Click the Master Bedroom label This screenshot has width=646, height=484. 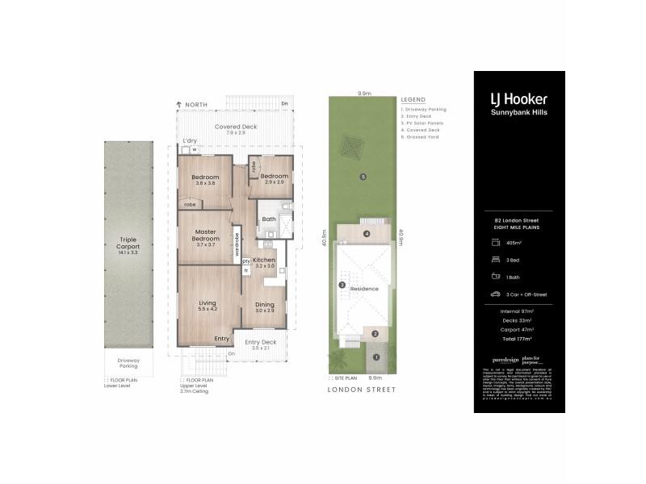205,236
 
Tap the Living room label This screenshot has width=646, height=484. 209,303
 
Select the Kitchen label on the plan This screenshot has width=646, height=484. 265,261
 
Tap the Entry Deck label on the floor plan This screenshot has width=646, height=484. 260,342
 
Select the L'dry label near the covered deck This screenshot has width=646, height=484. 190,142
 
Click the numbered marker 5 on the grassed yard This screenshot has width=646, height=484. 363,177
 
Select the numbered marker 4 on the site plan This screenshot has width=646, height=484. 367,235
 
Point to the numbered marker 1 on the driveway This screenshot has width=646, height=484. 375,357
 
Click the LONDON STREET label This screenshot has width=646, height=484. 363,390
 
